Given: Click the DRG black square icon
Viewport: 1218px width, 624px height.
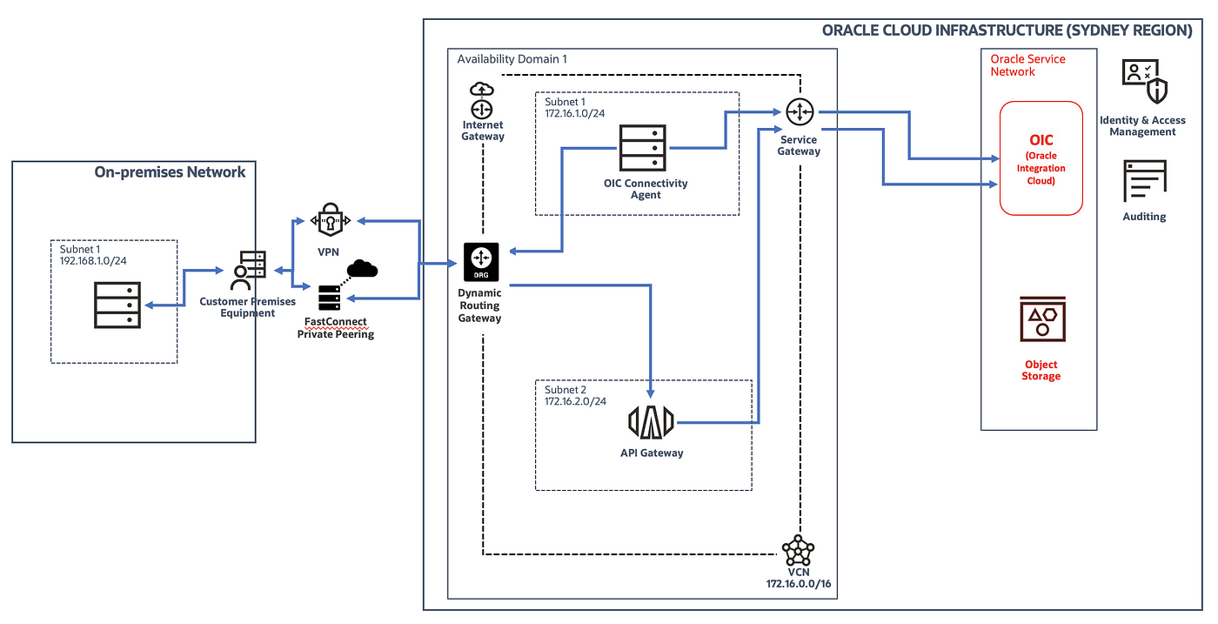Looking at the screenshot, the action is click(x=481, y=262).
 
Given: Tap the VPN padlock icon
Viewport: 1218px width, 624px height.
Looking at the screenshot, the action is click(x=330, y=220).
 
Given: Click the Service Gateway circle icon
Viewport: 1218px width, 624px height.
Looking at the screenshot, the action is click(x=800, y=112).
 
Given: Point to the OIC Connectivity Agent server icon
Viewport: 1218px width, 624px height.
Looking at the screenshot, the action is click(x=643, y=147).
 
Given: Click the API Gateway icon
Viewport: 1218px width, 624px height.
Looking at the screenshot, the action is click(x=651, y=422).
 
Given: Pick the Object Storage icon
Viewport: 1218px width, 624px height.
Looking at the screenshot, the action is click(x=1042, y=319).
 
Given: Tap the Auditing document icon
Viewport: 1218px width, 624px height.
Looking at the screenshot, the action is click(x=1145, y=181).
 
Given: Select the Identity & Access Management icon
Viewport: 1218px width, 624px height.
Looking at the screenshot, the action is click(x=1145, y=81).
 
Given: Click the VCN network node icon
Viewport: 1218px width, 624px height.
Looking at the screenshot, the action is click(x=798, y=551).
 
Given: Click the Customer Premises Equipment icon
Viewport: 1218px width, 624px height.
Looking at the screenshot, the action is click(x=248, y=271).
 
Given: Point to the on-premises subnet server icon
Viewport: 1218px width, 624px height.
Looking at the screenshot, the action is click(x=117, y=305).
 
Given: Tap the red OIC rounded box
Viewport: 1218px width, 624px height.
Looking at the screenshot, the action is click(x=1041, y=158).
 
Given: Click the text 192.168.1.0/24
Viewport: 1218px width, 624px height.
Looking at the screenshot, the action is click(x=93, y=261).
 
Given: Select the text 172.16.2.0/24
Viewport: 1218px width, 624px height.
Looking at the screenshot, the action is click(x=575, y=401).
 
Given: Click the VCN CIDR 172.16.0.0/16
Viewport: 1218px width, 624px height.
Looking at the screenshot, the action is click(x=799, y=584).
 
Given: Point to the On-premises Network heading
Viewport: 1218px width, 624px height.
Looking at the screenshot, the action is click(x=170, y=172).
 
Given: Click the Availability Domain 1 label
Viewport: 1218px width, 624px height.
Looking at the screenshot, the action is click(x=512, y=59).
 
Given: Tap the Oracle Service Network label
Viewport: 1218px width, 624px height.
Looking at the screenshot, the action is click(x=1027, y=65).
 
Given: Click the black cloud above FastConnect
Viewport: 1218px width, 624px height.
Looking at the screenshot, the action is click(x=362, y=269).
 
